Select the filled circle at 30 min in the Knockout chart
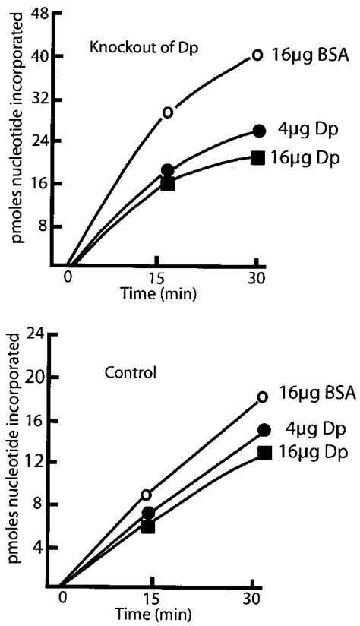point(259,131)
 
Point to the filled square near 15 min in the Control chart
point(148,526)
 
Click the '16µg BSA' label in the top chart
point(310,55)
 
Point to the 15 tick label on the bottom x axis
point(150,598)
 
